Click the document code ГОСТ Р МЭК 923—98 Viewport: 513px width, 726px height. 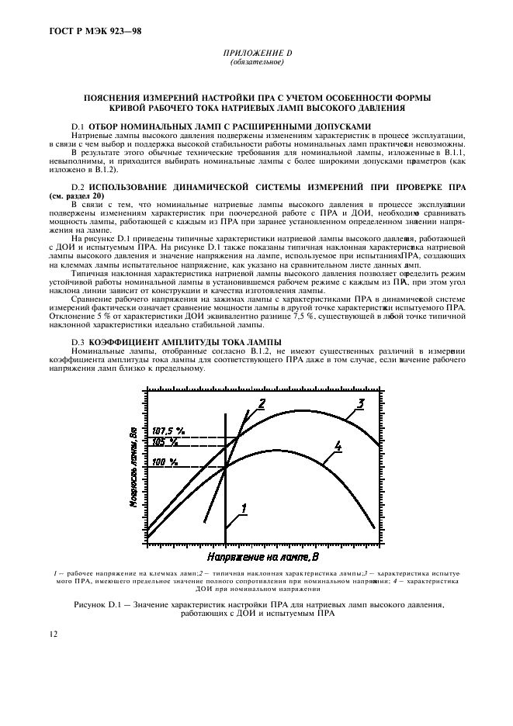point(86,32)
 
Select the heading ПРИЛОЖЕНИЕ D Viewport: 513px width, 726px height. point(256,54)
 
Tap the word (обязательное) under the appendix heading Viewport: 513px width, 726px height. point(256,62)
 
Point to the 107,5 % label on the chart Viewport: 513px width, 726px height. point(168,429)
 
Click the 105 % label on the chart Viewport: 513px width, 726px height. point(165,441)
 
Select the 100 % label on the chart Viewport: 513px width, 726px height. point(165,462)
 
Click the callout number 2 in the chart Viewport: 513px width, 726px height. point(262,402)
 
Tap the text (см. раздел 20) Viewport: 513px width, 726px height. point(75,195)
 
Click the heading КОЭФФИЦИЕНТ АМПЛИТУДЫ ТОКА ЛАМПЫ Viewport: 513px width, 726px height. point(185,342)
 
